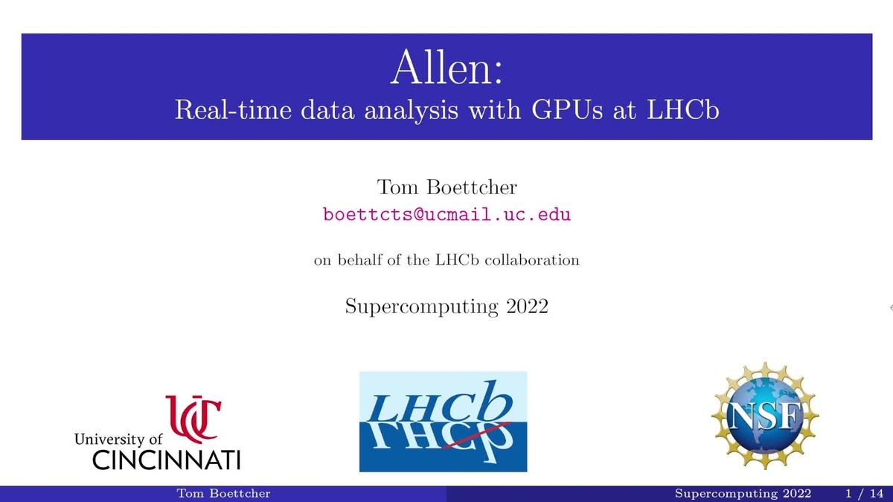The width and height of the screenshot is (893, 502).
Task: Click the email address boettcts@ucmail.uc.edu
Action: tap(446, 215)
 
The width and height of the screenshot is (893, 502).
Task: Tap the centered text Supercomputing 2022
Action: tap(446, 306)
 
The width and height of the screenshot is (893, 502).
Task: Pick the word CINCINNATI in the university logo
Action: tap(166, 460)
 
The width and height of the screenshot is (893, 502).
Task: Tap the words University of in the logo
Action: tap(118, 440)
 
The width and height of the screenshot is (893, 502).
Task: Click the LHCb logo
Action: tap(443, 422)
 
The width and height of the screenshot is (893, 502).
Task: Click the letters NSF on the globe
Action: tap(766, 419)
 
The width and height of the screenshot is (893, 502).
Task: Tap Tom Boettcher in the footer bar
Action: tap(223, 494)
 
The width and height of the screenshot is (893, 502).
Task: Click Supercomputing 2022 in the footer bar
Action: tap(744, 494)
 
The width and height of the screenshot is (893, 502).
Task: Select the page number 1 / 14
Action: tap(864, 494)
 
